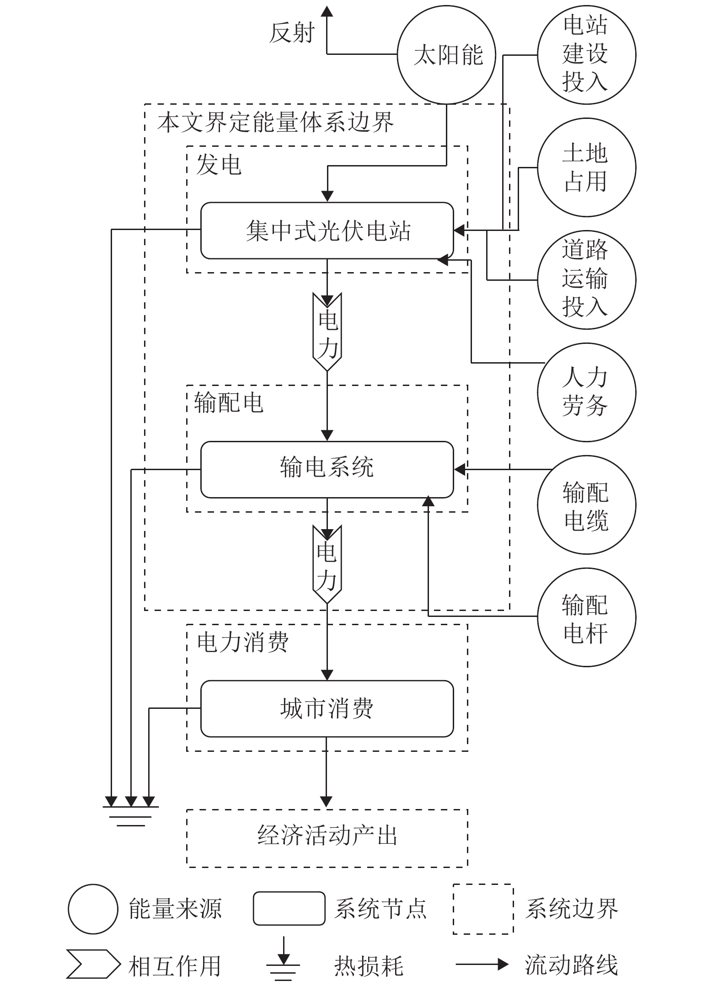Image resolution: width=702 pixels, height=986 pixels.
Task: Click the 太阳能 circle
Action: [x=446, y=55]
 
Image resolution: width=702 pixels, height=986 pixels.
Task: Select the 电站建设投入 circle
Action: [x=586, y=55]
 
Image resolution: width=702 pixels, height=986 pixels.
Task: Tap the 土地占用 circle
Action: [x=586, y=167]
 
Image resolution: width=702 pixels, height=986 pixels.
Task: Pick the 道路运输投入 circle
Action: [x=586, y=280]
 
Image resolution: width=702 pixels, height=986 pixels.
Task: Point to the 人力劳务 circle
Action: [x=586, y=392]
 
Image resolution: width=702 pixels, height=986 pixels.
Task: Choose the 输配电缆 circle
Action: [x=586, y=505]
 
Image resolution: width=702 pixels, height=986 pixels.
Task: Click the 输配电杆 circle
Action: [x=586, y=617]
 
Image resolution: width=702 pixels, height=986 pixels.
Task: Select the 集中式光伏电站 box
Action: [x=327, y=230]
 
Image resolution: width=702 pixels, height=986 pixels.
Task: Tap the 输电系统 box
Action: [x=327, y=469]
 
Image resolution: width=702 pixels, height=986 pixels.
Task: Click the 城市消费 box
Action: [x=327, y=708]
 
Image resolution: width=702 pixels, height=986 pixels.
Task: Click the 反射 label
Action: [x=292, y=33]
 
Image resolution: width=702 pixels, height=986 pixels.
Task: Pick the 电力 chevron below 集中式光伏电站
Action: [x=327, y=332]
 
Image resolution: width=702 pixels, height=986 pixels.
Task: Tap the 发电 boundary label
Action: [x=219, y=164]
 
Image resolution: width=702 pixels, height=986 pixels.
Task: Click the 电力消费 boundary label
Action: [x=243, y=642]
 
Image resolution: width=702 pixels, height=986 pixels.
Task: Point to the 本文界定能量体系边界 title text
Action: [x=275, y=122]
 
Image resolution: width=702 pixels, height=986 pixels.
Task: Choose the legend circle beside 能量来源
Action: [x=93, y=909]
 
